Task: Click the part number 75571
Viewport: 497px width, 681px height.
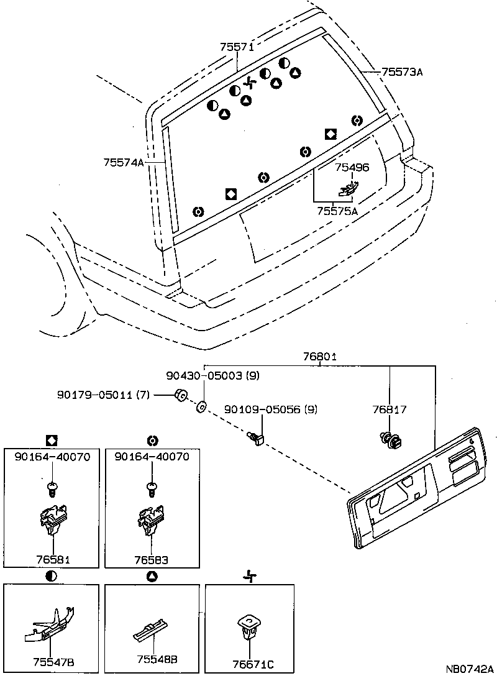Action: [x=237, y=47]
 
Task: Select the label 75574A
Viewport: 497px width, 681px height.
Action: [x=124, y=162]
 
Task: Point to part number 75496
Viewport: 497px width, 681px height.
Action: [x=352, y=167]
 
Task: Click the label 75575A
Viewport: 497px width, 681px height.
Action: [x=337, y=211]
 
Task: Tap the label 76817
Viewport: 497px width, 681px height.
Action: [x=390, y=409]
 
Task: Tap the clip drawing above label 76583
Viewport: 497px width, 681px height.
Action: [x=152, y=519]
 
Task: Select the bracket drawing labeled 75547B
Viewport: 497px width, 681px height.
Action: [x=50, y=626]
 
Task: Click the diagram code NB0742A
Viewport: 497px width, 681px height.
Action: [x=469, y=669]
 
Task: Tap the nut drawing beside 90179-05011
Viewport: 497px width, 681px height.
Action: [x=181, y=395]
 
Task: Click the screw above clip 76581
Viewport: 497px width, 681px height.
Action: [x=52, y=487]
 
